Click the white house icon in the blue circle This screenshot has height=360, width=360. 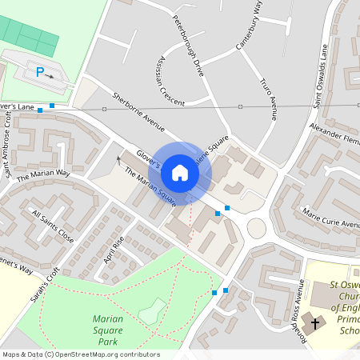[180, 172]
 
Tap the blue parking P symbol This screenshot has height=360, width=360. [39, 72]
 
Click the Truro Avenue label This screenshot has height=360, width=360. [269, 98]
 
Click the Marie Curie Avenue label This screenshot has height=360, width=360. [331, 218]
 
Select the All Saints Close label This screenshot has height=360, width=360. [53, 226]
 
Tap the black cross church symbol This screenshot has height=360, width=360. [315, 324]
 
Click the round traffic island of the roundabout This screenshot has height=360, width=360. [257, 229]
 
